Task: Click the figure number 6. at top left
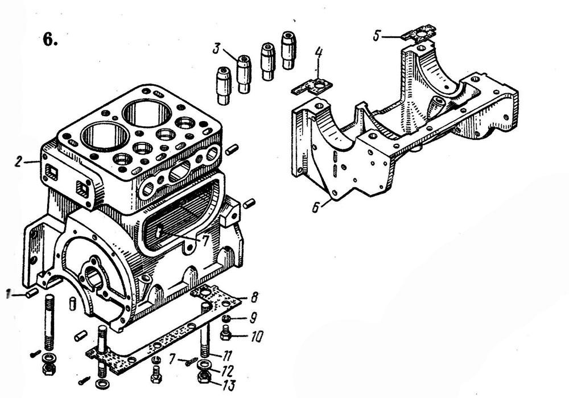tap(50, 39)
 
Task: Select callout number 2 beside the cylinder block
tap(18, 161)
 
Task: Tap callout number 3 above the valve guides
tap(217, 48)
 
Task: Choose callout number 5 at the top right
tap(377, 36)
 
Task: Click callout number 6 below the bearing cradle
tap(316, 207)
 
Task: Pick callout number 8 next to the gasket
tap(254, 297)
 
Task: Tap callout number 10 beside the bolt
tap(256, 337)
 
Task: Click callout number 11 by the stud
tap(227, 355)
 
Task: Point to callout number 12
tap(228, 371)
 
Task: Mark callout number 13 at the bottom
tap(228, 384)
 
